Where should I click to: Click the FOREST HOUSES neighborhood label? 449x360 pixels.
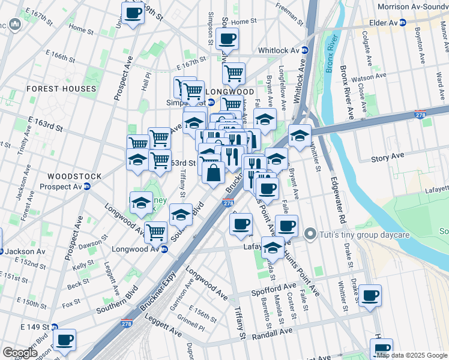tap(61, 89)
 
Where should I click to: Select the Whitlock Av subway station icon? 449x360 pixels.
tap(304, 51)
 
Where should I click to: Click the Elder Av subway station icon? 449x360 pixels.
tap(403, 23)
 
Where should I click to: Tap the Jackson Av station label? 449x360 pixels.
tap(22, 251)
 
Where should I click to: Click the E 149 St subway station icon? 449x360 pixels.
tap(55, 327)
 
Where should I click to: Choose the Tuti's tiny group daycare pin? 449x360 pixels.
tap(310, 234)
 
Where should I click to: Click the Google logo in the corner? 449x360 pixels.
tap(20, 353)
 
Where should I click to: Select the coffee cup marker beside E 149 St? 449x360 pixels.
tap(64, 340)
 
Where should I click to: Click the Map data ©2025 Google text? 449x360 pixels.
tap(412, 355)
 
